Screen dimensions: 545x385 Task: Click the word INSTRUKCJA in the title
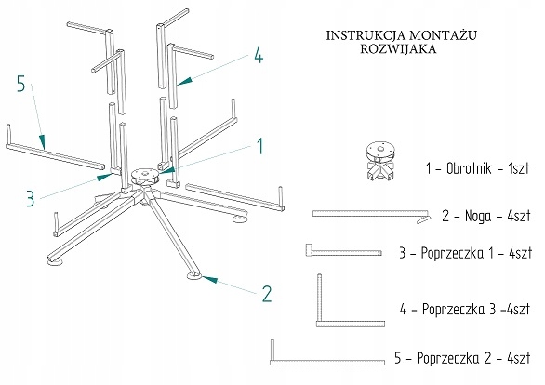pyautogui.click(x=366, y=35)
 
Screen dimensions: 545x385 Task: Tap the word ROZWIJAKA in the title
pyautogui.click(x=398, y=48)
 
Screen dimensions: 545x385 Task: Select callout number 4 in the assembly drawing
pyautogui.click(x=259, y=55)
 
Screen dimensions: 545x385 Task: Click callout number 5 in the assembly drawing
pyautogui.click(x=21, y=84)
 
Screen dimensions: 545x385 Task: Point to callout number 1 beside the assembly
pyautogui.click(x=260, y=146)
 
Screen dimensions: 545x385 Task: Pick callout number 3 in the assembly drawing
pyautogui.click(x=31, y=199)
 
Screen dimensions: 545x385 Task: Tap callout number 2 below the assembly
pyautogui.click(x=267, y=294)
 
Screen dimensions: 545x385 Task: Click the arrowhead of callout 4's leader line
pyautogui.click(x=184, y=81)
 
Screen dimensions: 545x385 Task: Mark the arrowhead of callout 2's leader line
pyautogui.click(x=210, y=279)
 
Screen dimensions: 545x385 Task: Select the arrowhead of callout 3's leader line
pyautogui.click(x=104, y=178)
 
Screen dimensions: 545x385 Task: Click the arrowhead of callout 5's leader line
pyautogui.click(x=42, y=141)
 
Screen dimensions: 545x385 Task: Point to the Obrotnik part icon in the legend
pyautogui.click(x=381, y=161)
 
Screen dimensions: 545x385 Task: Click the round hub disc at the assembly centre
pyautogui.click(x=145, y=176)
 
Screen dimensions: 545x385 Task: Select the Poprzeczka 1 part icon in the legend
pyautogui.click(x=344, y=252)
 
